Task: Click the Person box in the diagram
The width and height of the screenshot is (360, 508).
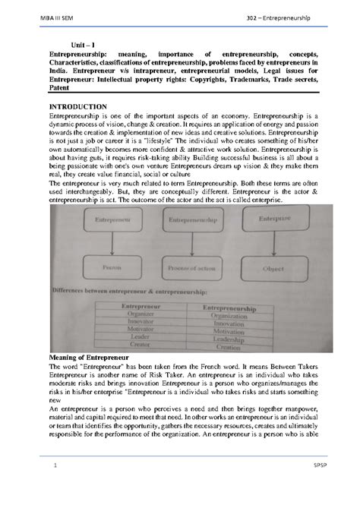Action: pyautogui.click(x=111, y=268)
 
